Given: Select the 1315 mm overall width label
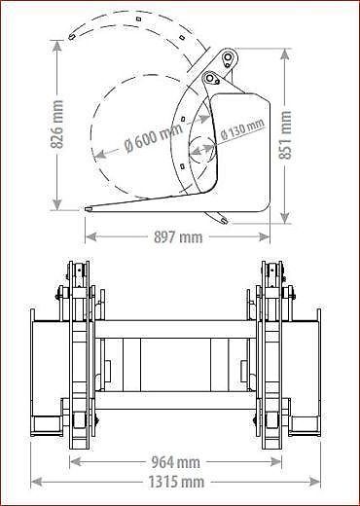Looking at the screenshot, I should pos(177,481).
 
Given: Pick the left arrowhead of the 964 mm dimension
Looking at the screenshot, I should pos(72,462).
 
